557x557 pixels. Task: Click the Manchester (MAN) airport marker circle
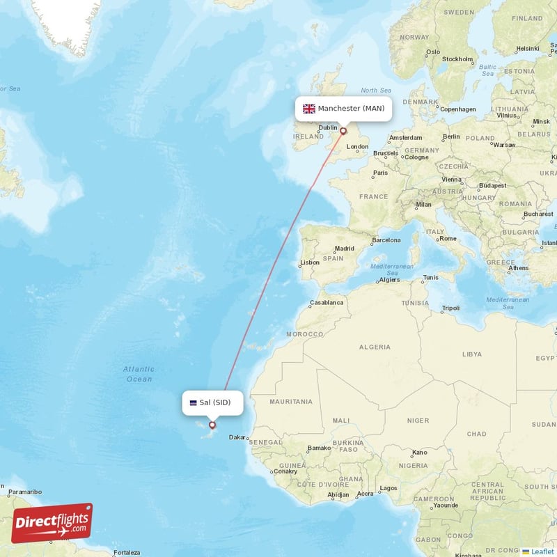[x=343, y=131]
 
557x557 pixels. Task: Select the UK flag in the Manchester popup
[x=309, y=109]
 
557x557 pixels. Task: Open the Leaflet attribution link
[x=542, y=551]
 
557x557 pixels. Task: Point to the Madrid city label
[x=345, y=248]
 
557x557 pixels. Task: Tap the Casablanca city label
[x=327, y=303]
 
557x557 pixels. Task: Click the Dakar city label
[x=237, y=437]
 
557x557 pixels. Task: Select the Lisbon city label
[x=309, y=262]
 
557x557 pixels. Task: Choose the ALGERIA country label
[x=375, y=347]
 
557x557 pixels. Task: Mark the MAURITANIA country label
[x=292, y=402]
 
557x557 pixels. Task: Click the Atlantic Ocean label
[x=139, y=374]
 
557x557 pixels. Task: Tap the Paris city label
[x=380, y=173]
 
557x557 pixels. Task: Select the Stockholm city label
[x=457, y=59]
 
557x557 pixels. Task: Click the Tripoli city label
[x=451, y=308]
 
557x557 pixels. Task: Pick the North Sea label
[x=376, y=91]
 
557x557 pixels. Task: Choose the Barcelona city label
[x=386, y=240]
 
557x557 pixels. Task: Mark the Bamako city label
[x=319, y=448]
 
